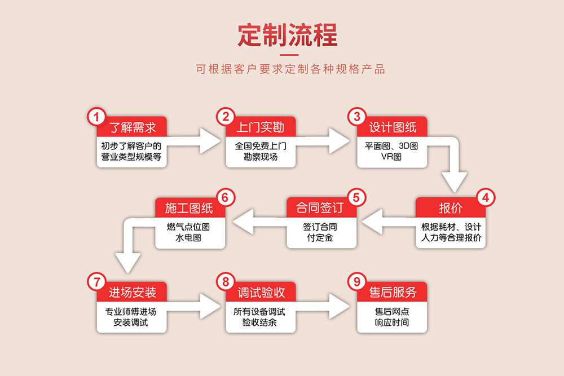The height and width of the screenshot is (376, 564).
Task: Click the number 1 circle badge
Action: (96, 117)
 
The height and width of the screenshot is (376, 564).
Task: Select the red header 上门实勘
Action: (261, 127)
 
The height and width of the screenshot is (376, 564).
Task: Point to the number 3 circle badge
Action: (356, 117)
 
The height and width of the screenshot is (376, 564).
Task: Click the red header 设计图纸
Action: (393, 127)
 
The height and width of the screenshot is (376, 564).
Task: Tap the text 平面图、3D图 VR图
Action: (391, 151)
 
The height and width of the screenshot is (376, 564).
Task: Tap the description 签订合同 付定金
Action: (321, 232)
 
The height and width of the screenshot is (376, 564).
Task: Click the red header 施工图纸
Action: (190, 207)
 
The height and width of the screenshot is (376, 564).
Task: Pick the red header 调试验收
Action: (261, 292)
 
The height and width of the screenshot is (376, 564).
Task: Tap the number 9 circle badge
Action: (356, 281)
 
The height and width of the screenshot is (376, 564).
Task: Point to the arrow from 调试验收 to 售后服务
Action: (325, 307)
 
